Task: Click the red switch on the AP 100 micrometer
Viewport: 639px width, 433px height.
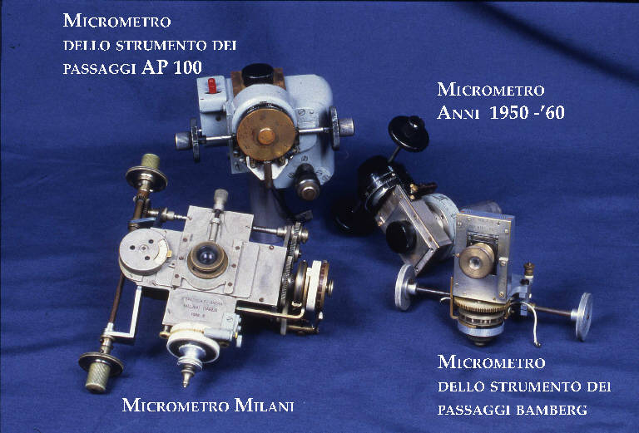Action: pyautogui.click(x=213, y=86)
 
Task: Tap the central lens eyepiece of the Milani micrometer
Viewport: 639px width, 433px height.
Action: pyautogui.click(x=204, y=258)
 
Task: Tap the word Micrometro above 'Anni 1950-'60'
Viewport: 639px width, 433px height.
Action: pyautogui.click(x=491, y=90)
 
